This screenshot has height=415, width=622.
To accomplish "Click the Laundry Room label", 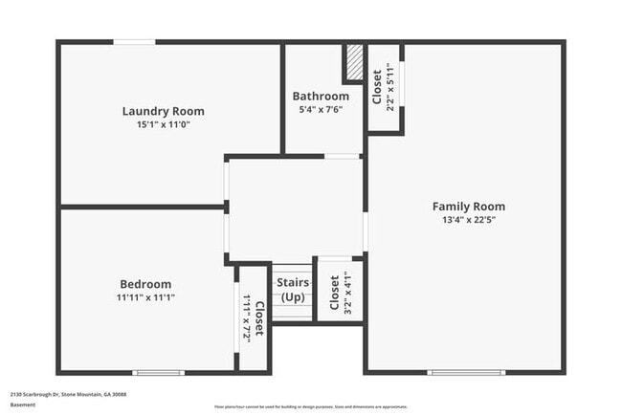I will (x=163, y=111).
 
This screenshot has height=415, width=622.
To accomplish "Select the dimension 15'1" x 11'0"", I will (x=163, y=124).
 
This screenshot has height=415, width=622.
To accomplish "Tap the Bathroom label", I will (x=321, y=96).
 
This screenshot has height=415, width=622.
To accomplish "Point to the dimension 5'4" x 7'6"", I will (x=321, y=109).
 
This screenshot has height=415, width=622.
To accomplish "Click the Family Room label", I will (x=468, y=206).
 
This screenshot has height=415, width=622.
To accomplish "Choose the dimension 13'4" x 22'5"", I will (x=468, y=219).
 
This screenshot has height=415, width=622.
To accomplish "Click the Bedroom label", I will (x=145, y=284).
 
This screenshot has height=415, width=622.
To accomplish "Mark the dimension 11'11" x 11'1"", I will (x=145, y=297).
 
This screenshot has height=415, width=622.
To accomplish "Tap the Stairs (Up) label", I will (x=293, y=291).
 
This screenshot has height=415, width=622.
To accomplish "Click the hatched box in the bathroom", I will (x=353, y=64).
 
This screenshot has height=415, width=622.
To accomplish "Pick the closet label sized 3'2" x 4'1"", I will (x=334, y=294).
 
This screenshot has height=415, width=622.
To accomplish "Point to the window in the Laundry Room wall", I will (x=135, y=41).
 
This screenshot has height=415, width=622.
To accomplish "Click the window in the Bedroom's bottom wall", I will (x=158, y=372).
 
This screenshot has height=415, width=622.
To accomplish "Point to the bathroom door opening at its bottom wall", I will (x=342, y=155).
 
